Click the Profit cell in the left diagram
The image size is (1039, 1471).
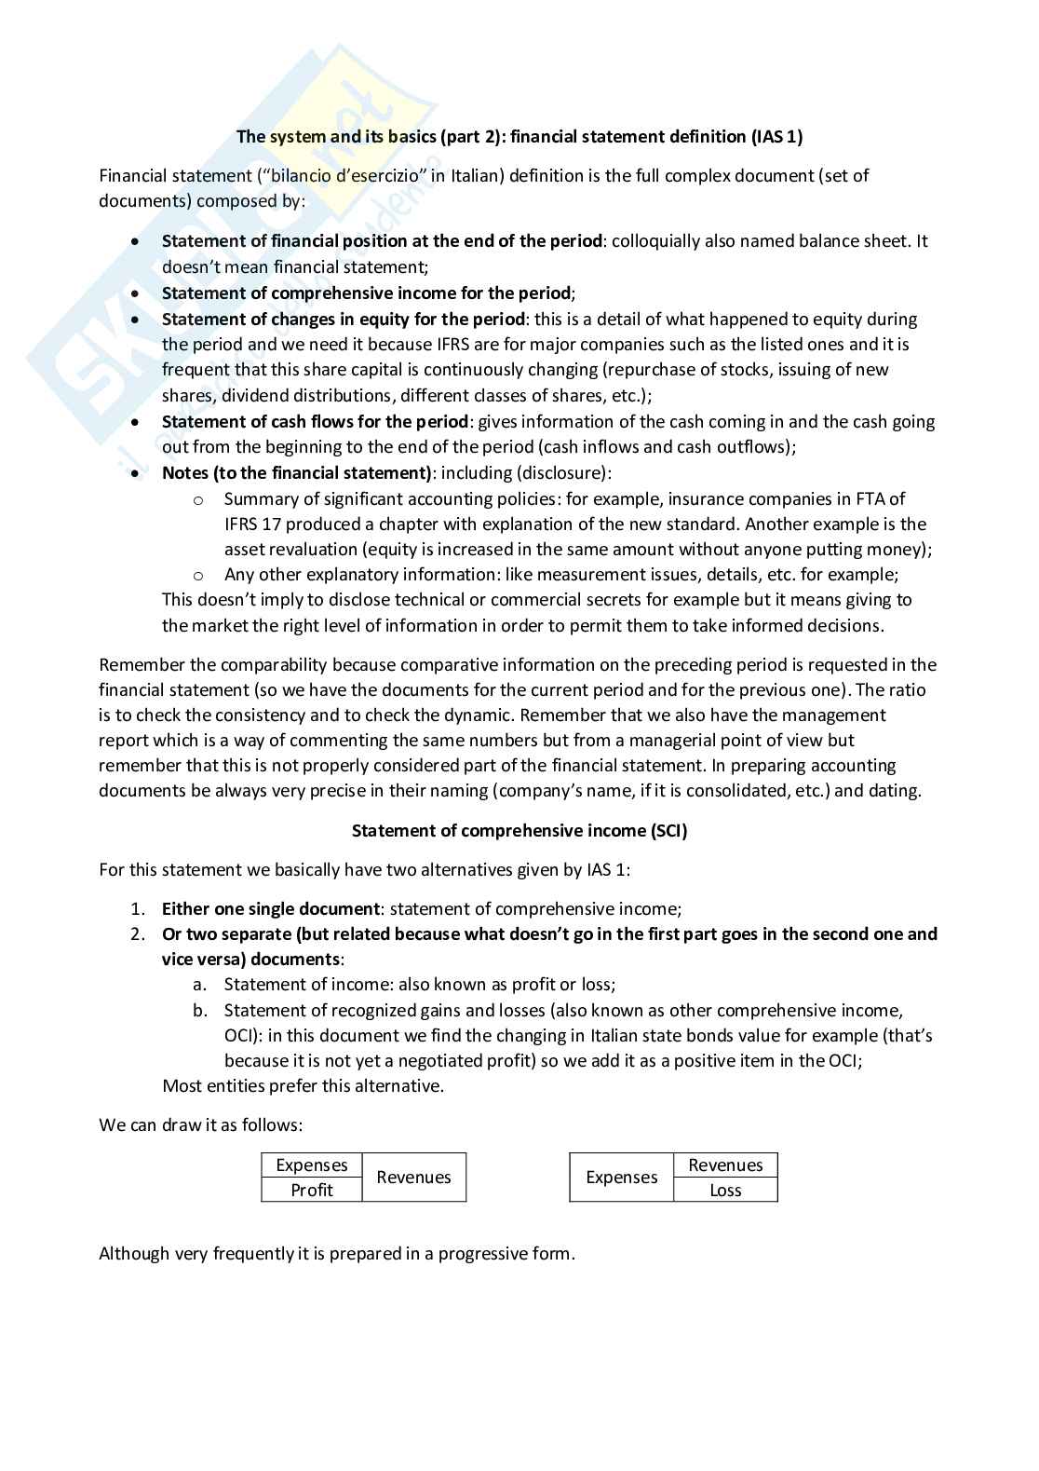pyautogui.click(x=311, y=1190)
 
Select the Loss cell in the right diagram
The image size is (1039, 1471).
pyautogui.click(x=724, y=1190)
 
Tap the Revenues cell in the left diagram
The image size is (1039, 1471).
pyautogui.click(x=413, y=1178)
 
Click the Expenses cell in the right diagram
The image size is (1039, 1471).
pyautogui.click(x=621, y=1178)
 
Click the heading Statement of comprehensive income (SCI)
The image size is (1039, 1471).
pyautogui.click(x=519, y=831)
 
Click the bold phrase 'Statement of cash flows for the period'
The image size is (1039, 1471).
pyautogui.click(x=315, y=422)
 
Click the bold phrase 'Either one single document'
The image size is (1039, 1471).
pyautogui.click(x=270, y=909)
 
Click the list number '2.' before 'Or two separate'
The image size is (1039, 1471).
pyautogui.click(x=138, y=934)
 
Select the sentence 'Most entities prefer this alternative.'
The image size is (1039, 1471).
pyautogui.click(x=303, y=1086)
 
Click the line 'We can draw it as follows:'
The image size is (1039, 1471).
pyautogui.click(x=200, y=1125)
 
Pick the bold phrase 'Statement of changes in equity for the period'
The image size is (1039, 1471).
pyautogui.click(x=343, y=320)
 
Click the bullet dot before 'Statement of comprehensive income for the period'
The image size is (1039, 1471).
pyautogui.click(x=137, y=293)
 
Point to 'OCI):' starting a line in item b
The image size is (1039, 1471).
pyautogui.click(x=244, y=1036)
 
